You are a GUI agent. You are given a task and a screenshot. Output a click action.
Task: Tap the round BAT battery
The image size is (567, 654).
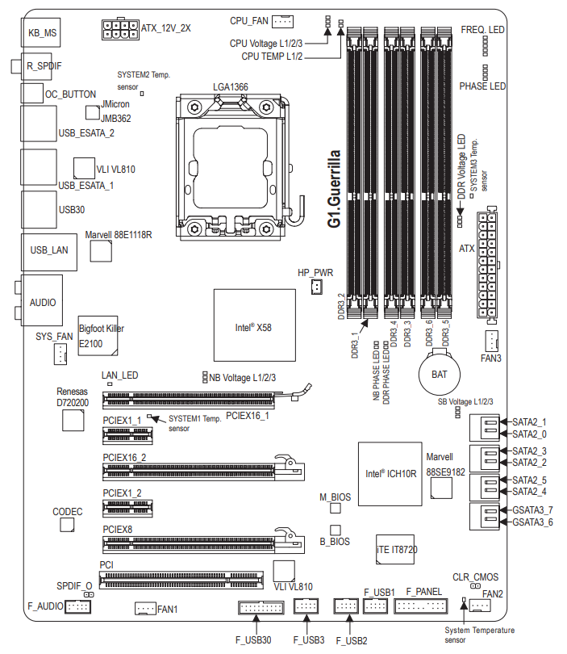(x=439, y=375)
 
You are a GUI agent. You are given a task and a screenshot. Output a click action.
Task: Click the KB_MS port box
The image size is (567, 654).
(x=40, y=33)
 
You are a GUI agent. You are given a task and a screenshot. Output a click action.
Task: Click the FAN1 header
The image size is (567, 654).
(x=145, y=608)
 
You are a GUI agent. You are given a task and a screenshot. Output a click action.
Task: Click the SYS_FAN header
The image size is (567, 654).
(x=59, y=353)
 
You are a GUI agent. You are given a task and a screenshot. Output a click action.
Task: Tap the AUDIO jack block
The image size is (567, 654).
(x=42, y=302)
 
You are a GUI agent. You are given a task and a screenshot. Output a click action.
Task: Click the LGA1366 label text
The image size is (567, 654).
(x=230, y=86)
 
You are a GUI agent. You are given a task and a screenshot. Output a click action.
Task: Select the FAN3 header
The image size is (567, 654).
(x=491, y=339)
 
